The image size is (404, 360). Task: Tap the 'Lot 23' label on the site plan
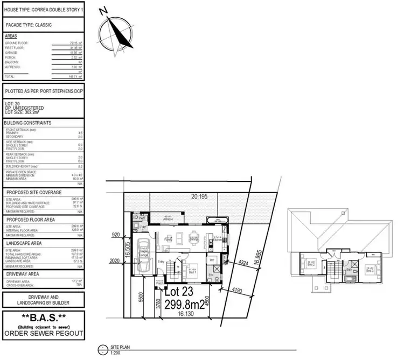tap(180, 294)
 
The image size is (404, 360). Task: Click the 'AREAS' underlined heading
tap(11, 36)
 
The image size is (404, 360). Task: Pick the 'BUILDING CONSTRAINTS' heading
tap(28, 123)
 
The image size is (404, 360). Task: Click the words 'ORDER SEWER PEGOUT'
tap(44, 333)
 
